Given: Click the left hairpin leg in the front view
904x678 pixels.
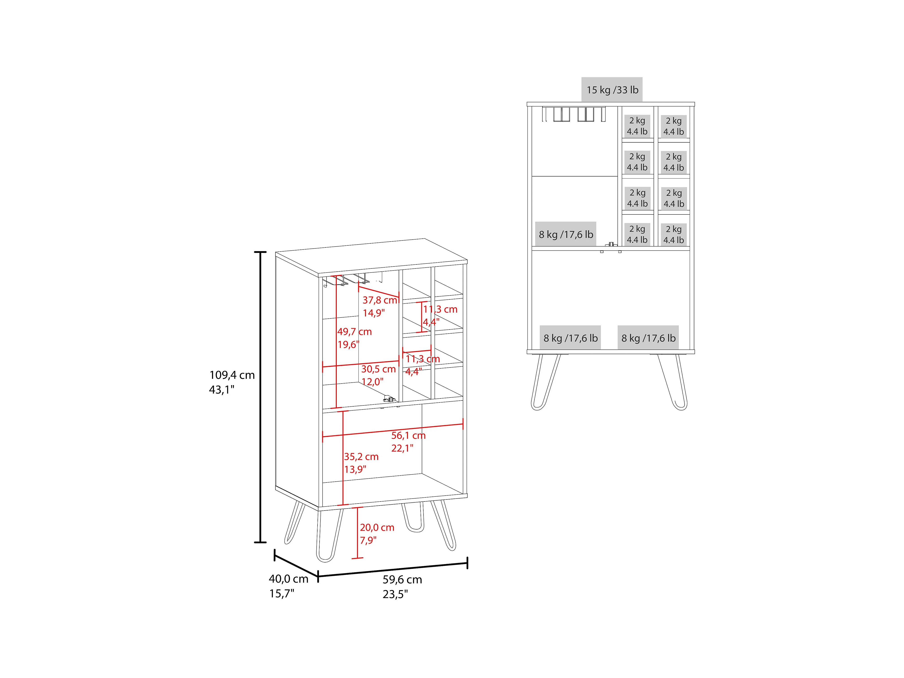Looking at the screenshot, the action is point(545,382).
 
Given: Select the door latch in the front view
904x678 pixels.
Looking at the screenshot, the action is point(611,244).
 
